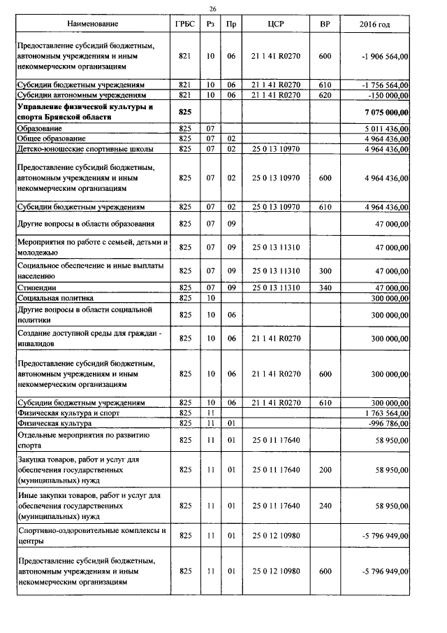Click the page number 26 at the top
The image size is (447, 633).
(x=213, y=9)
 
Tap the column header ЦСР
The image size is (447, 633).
(x=274, y=24)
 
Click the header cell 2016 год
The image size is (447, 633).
(x=374, y=24)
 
